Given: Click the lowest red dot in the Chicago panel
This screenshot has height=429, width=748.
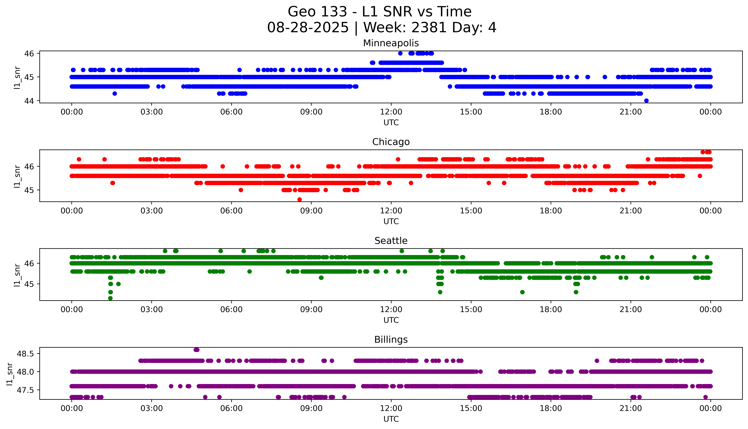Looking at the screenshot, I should point(300,199).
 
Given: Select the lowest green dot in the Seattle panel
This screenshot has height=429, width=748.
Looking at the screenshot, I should point(110,298).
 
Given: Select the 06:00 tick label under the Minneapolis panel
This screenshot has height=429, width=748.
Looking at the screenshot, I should point(231,112).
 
